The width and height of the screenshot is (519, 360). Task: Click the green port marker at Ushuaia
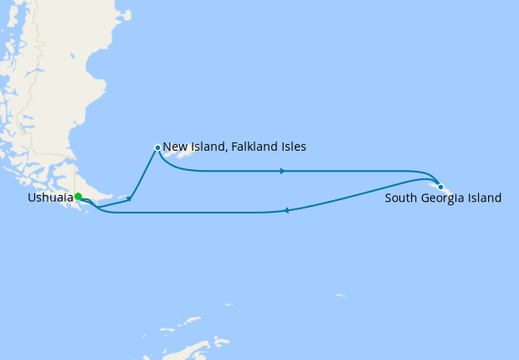click(x=78, y=197)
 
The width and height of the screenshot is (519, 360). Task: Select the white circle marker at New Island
click(x=157, y=147)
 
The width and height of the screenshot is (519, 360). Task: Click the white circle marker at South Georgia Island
click(x=440, y=187)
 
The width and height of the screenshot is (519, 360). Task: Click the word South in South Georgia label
click(x=400, y=199)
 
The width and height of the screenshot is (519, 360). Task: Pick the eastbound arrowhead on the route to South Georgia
click(x=283, y=171)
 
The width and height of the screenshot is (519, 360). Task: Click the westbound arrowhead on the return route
click(x=286, y=210)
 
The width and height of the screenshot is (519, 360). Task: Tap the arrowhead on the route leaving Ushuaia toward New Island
click(x=129, y=198)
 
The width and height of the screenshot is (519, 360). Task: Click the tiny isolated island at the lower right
click(x=340, y=295)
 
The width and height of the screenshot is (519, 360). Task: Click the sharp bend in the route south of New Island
click(x=134, y=199)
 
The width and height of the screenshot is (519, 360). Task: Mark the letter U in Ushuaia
click(x=31, y=198)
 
